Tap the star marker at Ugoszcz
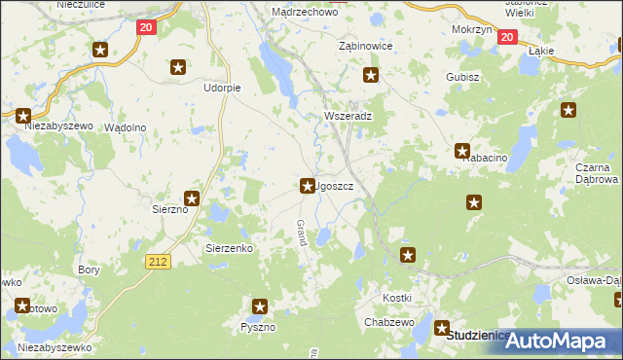pos(306,184)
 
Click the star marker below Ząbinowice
pos(370,75)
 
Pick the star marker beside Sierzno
pos(193,199)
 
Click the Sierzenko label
pos(229,248)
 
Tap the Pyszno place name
pos(258,327)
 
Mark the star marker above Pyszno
pos(259,307)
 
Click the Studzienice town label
pos(478,336)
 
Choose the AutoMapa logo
pos(564,341)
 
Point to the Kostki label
pos(396,297)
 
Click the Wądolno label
pos(125,127)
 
